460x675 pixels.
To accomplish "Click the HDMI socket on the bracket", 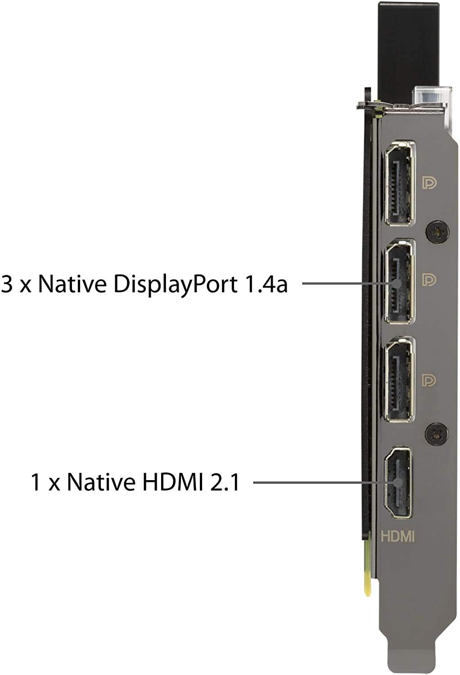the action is pos(397,482).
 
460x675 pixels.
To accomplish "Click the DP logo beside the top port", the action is pos(429,183).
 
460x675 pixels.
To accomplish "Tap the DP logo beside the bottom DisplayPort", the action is pos(429,380).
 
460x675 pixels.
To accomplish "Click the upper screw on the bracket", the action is pos(437,232).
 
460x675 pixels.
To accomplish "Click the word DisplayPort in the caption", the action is pos(175,284).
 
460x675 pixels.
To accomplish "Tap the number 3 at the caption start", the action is pos(7,283).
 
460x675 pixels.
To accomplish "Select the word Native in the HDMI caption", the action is pos(101,482).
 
